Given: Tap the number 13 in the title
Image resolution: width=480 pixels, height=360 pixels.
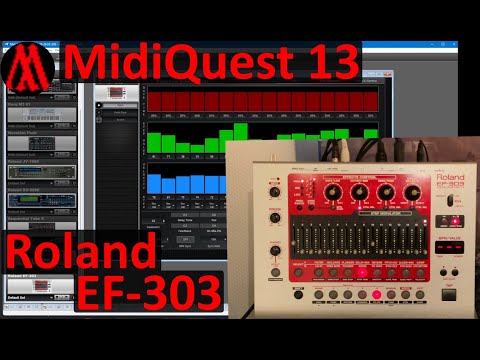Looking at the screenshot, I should coord(329,64).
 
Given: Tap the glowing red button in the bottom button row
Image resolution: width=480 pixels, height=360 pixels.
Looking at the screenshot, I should coord(377,295).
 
